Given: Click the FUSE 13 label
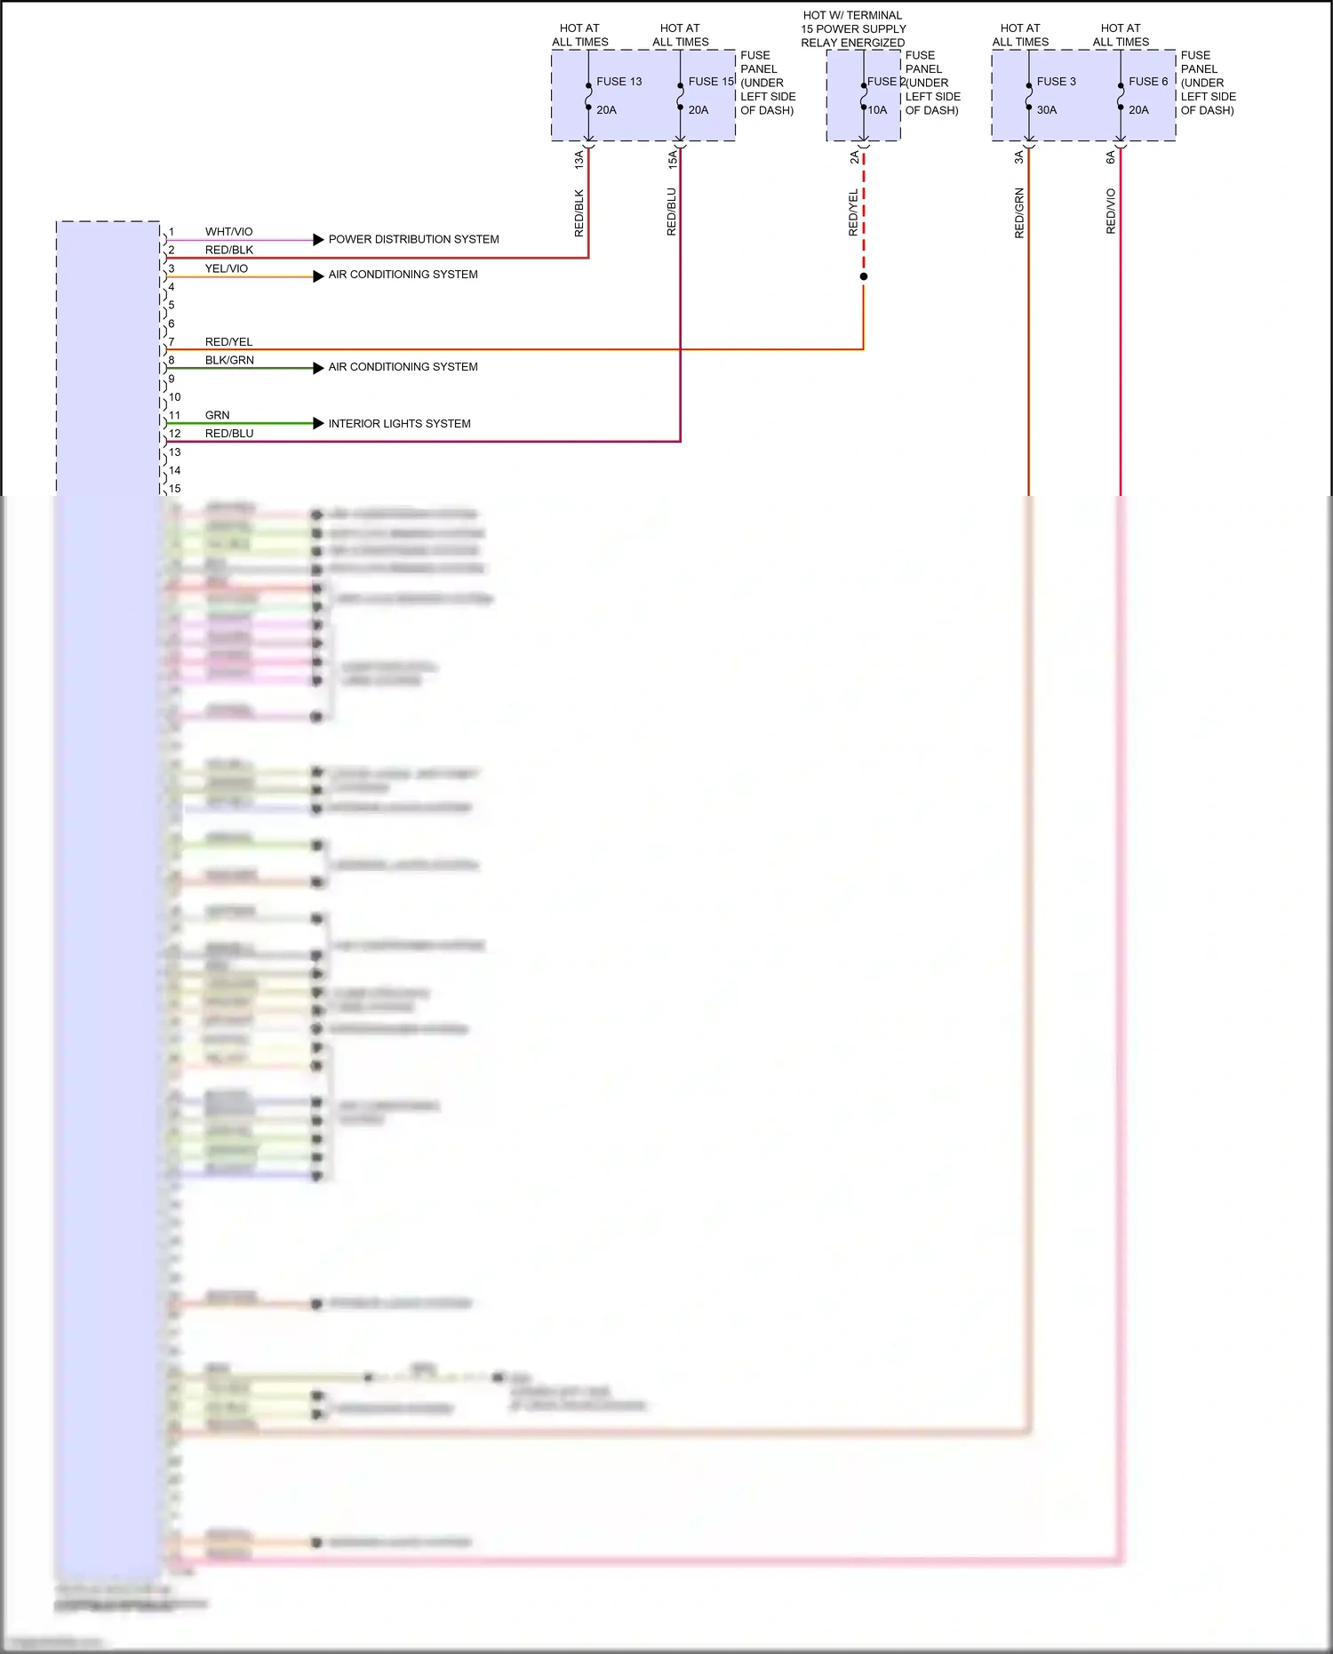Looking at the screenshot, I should pos(619,82).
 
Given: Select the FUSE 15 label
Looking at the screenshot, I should pos(711,82).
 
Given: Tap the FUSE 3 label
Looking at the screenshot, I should pos(1056,82).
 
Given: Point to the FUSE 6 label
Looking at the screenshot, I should pos(1148,82).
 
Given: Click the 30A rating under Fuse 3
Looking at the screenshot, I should pos(1047,110).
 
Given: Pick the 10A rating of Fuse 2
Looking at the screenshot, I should pos(877,110).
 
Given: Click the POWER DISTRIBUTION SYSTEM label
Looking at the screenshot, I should pos(413,239).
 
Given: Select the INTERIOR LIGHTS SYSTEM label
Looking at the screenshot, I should pos(399,424).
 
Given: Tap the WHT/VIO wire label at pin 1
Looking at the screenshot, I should pos(228,232).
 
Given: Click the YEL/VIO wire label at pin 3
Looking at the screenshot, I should pos(227,268).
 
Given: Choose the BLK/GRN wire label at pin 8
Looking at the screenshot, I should pos(229,360).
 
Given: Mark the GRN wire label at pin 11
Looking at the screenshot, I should pos(217,415).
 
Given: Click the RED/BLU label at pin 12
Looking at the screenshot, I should pos(229,434).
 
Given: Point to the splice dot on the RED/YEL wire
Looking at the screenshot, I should pos(864,276).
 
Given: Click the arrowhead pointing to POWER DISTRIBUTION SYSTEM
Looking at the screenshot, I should pos(318,239).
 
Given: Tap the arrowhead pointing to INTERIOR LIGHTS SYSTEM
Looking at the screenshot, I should pos(318,423).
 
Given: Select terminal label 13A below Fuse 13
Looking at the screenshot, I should pos(579,159).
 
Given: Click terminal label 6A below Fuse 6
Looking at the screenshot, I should pos(1110,157).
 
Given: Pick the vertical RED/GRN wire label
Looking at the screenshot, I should pos(1019,213).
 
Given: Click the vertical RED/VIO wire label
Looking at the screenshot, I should pos(1111,212).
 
